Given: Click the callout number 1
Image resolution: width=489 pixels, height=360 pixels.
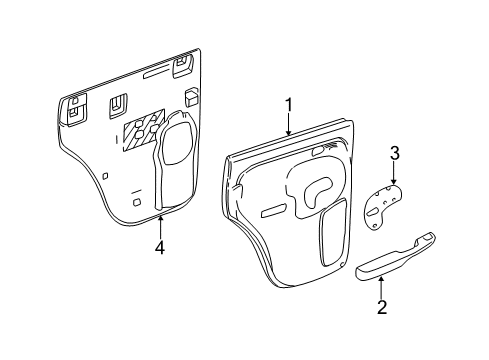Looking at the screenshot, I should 288,105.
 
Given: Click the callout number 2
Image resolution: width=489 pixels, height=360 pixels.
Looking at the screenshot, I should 381,308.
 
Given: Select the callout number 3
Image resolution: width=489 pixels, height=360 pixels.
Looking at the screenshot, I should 395,154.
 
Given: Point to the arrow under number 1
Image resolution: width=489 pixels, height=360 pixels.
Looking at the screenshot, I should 288,126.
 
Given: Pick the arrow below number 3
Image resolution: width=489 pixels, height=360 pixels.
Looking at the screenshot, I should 394,174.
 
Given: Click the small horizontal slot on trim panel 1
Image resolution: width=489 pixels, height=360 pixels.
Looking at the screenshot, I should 273,211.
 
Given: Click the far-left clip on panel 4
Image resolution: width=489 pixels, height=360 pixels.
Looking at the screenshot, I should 76,110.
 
